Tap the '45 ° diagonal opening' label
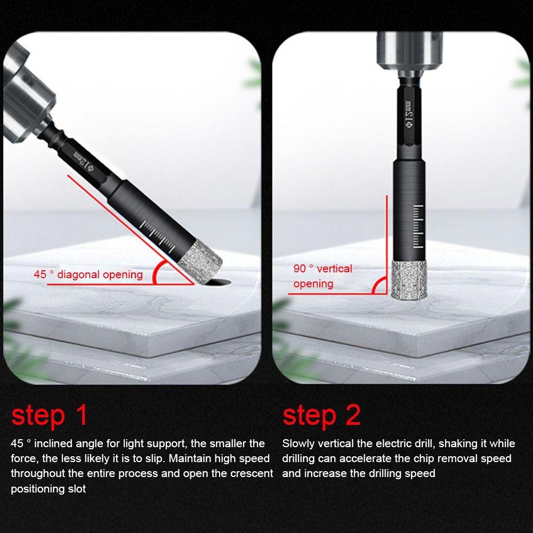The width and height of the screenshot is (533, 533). coord(88,274)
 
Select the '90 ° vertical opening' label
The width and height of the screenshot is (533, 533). coord(322,276)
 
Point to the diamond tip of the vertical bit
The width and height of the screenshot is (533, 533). coord(408,280)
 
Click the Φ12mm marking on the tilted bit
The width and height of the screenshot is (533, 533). coord(83,160)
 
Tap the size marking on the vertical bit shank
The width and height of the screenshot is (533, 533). coord(409,114)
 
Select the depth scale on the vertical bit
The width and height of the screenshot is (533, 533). coord(418,227)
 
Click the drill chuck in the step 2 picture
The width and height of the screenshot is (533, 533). coord(409,54)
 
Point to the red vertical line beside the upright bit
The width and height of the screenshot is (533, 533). coord(387,244)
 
